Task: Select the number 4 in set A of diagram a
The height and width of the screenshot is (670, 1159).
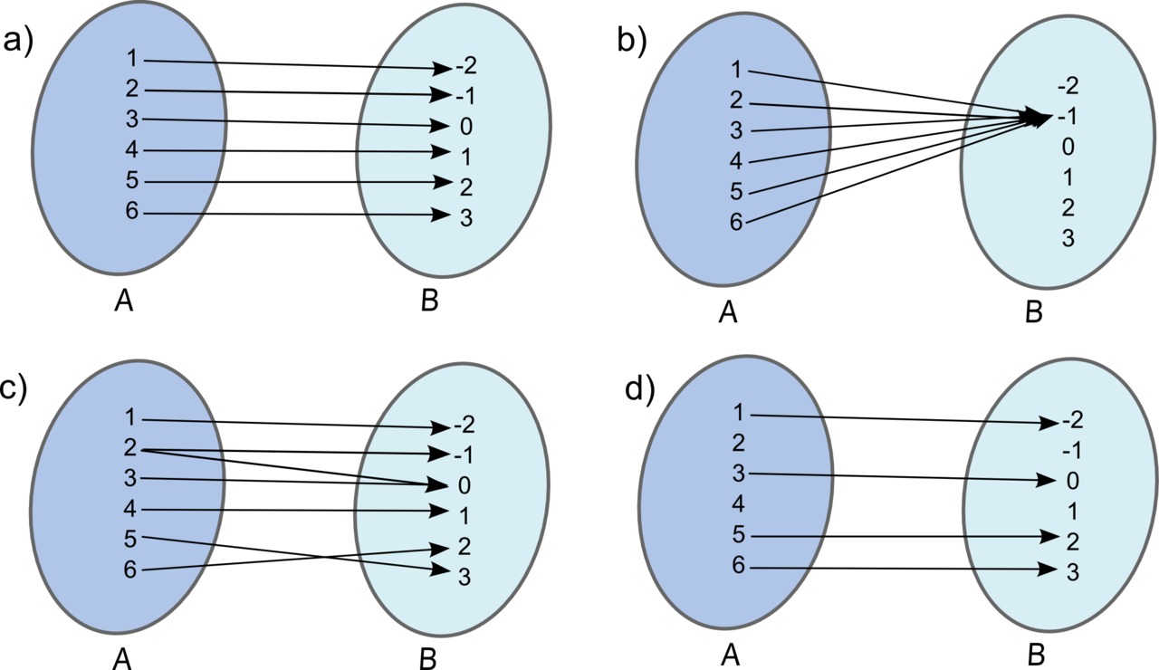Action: pyautogui.click(x=131, y=150)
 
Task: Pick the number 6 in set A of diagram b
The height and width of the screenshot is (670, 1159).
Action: pyautogui.click(x=736, y=222)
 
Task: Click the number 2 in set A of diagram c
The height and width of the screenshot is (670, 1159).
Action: pyautogui.click(x=131, y=448)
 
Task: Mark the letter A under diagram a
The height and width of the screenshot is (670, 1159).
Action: pyautogui.click(x=124, y=301)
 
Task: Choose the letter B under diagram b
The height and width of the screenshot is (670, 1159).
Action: pyautogui.click(x=1033, y=312)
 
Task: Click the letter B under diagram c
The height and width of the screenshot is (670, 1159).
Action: pyautogui.click(x=429, y=656)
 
